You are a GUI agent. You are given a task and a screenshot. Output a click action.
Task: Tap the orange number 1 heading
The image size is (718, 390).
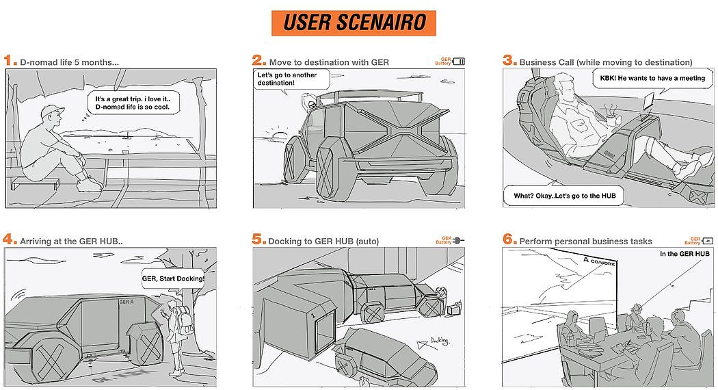(9, 60)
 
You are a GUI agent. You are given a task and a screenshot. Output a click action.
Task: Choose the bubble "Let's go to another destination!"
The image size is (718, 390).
(287, 79)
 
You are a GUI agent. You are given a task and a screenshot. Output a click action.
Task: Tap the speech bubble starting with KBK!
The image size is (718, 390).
(648, 78)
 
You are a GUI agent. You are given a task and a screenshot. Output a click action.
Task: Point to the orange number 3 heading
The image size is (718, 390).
(509, 60)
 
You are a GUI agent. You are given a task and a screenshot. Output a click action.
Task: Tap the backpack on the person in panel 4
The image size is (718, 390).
(182, 318)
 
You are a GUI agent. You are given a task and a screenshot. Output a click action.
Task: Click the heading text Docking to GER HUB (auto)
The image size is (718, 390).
(323, 241)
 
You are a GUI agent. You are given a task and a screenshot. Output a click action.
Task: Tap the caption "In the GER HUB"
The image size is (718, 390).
(684, 254)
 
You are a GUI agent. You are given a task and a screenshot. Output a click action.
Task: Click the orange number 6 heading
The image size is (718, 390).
(509, 239)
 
